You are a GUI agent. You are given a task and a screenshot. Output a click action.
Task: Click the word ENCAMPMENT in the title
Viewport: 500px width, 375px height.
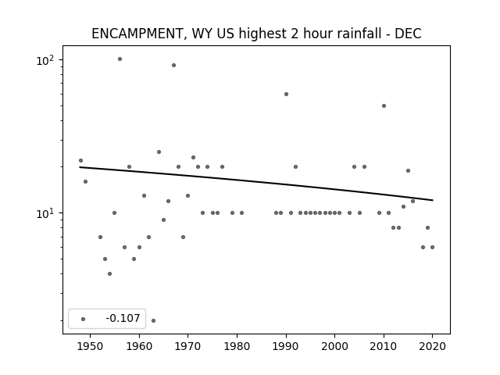(137, 34)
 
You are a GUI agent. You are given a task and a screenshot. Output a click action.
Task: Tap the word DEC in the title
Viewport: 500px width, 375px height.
(408, 34)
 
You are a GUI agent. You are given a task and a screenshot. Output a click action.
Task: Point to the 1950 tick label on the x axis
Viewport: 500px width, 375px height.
(91, 346)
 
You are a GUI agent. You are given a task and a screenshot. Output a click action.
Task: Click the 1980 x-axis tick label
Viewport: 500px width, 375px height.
(237, 346)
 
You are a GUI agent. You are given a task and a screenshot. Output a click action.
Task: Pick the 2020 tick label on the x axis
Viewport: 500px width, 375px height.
(432, 346)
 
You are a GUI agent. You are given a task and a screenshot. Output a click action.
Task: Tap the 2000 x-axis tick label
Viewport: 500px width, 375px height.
(335, 346)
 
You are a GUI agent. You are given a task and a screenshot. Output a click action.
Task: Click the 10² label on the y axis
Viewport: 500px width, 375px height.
(46, 60)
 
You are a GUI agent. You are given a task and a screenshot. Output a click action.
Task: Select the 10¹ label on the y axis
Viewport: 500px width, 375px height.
(46, 213)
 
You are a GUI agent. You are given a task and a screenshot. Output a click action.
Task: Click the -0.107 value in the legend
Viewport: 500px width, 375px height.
(123, 318)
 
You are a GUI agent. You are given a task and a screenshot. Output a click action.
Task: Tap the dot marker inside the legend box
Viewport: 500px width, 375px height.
(84, 319)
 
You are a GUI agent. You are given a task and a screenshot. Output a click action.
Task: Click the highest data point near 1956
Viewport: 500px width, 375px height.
(120, 59)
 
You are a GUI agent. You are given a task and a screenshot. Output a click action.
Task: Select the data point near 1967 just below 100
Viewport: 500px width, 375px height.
(173, 66)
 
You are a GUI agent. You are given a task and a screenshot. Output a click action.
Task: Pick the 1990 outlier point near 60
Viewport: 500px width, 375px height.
(287, 94)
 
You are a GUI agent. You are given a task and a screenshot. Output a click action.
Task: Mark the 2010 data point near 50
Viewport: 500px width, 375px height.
(384, 106)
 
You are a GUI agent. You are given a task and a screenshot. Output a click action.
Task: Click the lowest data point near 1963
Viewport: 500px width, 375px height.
(153, 320)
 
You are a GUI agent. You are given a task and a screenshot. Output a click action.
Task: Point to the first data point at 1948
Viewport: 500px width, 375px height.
(80, 160)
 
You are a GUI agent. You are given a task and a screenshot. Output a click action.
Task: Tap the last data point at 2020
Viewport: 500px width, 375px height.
(432, 247)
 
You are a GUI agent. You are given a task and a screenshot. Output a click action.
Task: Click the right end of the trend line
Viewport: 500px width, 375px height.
(433, 200)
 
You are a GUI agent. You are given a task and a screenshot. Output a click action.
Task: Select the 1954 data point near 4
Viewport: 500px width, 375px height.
(109, 273)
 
